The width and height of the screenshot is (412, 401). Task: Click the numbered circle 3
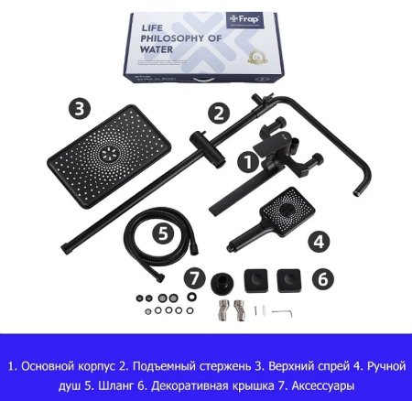click(81, 107)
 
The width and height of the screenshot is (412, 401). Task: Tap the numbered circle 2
click(217, 114)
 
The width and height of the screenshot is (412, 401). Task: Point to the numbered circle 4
click(318, 243)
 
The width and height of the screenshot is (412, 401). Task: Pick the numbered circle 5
click(162, 232)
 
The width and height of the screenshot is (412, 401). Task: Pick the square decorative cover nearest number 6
click(291, 277)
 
